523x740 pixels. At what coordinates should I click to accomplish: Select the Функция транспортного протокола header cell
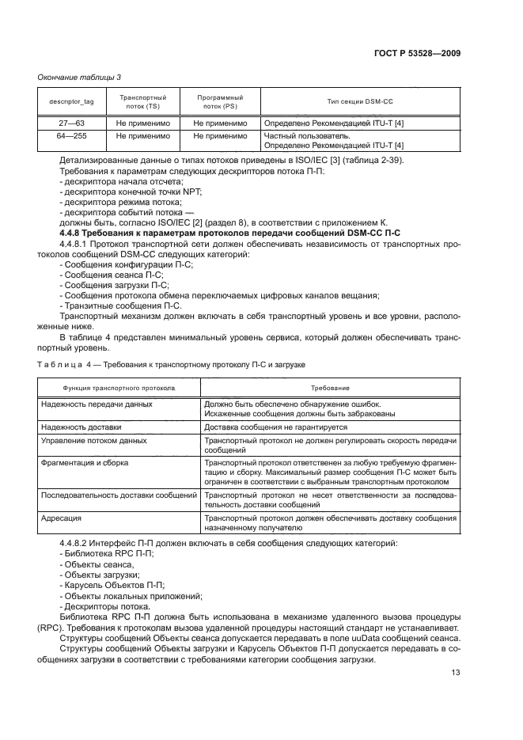click(x=119, y=389)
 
